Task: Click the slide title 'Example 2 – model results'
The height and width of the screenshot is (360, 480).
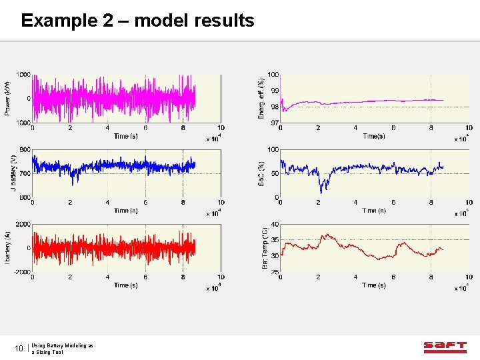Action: point(137,21)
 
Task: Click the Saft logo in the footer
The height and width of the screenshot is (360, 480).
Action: point(445,347)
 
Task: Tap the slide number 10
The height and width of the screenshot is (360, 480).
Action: point(19,348)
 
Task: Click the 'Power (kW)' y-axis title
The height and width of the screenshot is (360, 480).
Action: point(8,98)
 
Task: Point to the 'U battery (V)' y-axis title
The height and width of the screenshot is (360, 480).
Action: point(13,173)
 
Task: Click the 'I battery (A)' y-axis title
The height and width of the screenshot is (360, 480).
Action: point(8,247)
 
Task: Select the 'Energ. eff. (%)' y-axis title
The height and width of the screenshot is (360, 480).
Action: point(261,98)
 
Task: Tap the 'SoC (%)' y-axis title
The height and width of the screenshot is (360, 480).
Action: point(261,173)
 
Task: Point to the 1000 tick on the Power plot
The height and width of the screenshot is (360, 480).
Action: point(23,75)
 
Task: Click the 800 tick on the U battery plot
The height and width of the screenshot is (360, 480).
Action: point(25,149)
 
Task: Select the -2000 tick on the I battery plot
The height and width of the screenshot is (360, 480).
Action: point(22,272)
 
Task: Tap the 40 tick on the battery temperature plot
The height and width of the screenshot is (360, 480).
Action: point(275,225)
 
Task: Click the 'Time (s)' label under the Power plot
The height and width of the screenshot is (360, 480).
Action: point(121,136)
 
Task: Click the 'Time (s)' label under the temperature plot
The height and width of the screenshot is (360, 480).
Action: point(373,285)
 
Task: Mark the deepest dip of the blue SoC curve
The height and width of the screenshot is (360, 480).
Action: point(322,191)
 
